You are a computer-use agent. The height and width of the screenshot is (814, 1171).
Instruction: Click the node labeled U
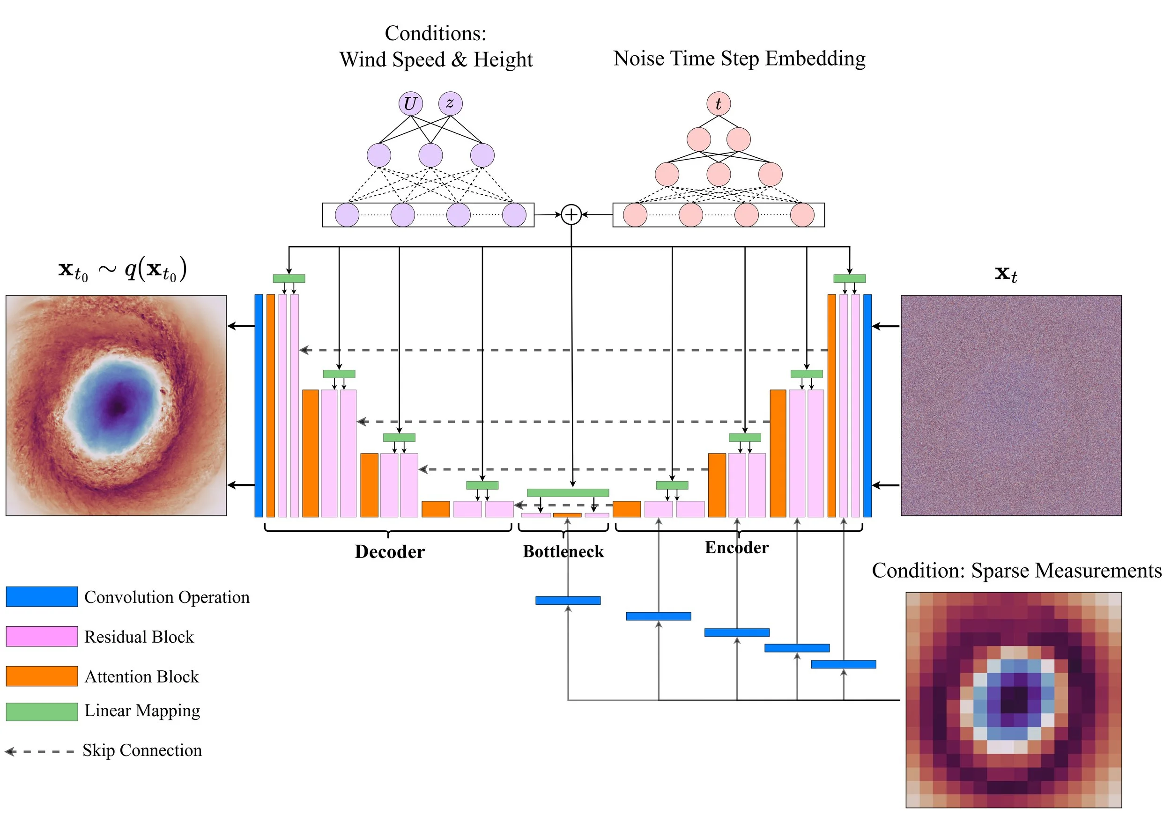click(411, 103)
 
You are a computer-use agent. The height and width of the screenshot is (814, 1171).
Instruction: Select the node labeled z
click(450, 103)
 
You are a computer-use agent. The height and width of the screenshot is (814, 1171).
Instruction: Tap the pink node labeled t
click(718, 103)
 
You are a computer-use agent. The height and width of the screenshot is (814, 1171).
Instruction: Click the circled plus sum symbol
click(571, 214)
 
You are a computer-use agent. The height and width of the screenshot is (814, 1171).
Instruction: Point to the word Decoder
click(390, 551)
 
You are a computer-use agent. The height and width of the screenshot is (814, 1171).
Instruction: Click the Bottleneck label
click(563, 551)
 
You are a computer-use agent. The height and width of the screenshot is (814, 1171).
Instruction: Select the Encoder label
click(736, 547)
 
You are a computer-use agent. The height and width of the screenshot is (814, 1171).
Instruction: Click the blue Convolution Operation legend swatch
click(42, 596)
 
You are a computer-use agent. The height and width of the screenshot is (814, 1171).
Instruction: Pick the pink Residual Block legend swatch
click(42, 636)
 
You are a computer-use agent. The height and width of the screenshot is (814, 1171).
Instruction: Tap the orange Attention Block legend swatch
click(42, 676)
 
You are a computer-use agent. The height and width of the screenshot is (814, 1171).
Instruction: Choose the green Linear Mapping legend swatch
click(42, 711)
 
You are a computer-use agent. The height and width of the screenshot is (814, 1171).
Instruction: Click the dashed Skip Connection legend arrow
click(39, 751)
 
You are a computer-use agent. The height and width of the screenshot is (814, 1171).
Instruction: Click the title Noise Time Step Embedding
click(739, 59)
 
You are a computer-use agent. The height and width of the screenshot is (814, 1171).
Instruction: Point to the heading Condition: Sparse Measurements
click(1016, 570)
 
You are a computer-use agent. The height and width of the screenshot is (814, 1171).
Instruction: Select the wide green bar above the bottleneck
click(568, 493)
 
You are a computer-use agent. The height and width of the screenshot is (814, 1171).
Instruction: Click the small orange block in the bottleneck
click(567, 515)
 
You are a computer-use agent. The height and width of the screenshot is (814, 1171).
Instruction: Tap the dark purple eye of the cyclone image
click(119, 406)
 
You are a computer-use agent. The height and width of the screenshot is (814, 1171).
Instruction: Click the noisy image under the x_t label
click(1011, 405)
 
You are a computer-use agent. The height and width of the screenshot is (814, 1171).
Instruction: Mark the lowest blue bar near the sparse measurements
click(844, 664)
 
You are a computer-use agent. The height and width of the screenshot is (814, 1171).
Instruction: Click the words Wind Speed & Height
click(436, 59)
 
